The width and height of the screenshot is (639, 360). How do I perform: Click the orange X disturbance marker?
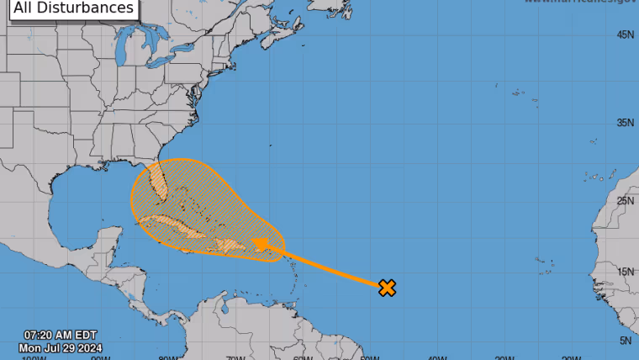[x=387, y=288]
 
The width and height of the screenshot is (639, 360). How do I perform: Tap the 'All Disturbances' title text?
[x=74, y=8]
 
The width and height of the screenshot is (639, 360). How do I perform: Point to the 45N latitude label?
[x=625, y=35]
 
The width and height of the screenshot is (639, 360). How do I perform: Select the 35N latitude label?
[x=625, y=123]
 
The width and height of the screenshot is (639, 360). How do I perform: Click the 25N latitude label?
[x=625, y=201]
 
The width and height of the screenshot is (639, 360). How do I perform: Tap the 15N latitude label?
[x=625, y=272]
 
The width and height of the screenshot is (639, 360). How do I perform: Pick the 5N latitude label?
[x=626, y=341]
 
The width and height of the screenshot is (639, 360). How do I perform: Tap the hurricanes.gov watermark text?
[x=580, y=3]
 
